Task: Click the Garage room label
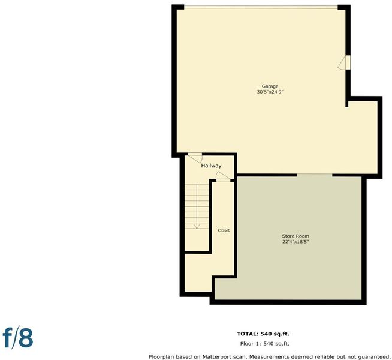[270, 86]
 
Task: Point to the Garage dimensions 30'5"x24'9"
[270, 92]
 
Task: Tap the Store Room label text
[295, 236]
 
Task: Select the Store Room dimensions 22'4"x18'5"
[295, 242]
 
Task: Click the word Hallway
[211, 166]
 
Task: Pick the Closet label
[224, 230]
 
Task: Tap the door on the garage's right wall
[344, 62]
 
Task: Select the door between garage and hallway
[195, 158]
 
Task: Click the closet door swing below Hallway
[223, 176]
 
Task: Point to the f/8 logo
[18, 338]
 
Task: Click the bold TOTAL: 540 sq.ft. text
[263, 334]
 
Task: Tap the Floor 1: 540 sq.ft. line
[264, 344]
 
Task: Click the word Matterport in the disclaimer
[216, 357]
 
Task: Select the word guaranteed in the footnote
[374, 357]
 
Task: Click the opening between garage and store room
[315, 175]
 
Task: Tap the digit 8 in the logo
[26, 338]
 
